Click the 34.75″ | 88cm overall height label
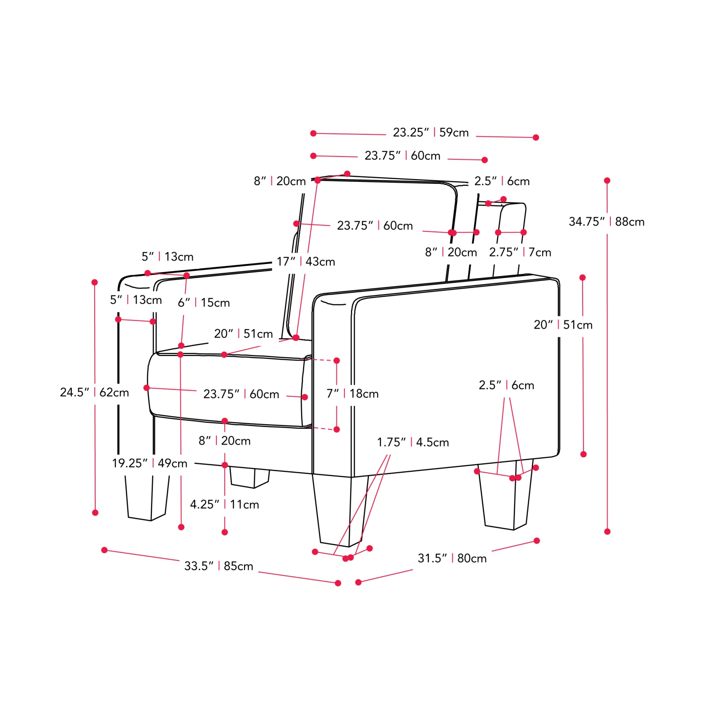tap(606, 222)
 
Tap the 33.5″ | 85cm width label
tap(219, 566)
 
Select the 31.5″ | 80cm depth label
tap(452, 558)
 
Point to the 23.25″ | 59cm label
tap(431, 132)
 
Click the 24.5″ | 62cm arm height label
tap(94, 392)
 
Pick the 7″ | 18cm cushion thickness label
tap(353, 394)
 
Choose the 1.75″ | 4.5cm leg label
tap(413, 442)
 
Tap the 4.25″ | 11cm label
tap(224, 504)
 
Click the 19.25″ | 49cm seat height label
tap(149, 463)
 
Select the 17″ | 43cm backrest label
tap(306, 262)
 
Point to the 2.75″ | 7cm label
tap(520, 252)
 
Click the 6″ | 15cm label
tap(204, 303)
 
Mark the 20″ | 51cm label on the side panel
tap(563, 325)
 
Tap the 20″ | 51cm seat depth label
tap(243, 334)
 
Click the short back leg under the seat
tap(249, 477)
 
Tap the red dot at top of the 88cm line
tap(607, 181)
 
